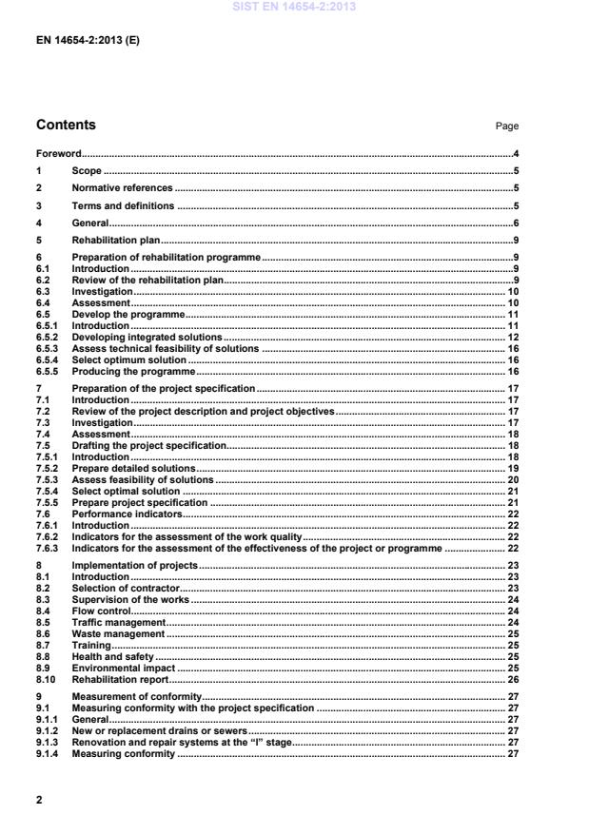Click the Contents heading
click(x=66, y=125)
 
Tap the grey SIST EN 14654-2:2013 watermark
click(x=294, y=8)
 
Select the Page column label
click(x=507, y=126)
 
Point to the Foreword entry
click(x=58, y=153)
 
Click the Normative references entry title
click(x=122, y=188)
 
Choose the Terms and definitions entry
click(x=123, y=205)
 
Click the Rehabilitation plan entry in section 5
click(x=116, y=241)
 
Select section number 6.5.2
click(x=48, y=337)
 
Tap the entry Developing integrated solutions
click(x=147, y=337)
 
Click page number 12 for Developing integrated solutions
click(x=512, y=337)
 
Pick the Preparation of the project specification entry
click(x=164, y=389)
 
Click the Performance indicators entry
click(x=126, y=514)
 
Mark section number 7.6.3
click(x=48, y=549)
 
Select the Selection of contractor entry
click(x=126, y=589)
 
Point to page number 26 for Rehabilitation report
click(x=512, y=679)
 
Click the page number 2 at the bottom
click(x=39, y=800)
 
